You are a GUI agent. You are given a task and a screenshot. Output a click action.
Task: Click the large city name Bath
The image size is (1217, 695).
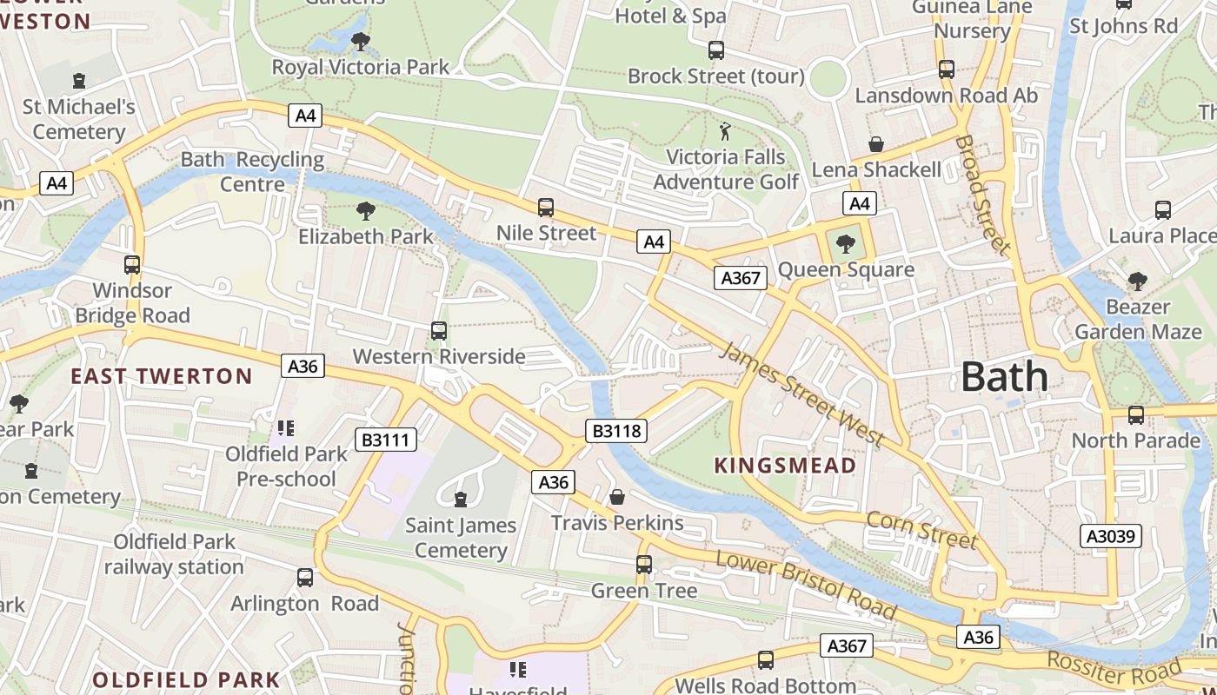(1004, 377)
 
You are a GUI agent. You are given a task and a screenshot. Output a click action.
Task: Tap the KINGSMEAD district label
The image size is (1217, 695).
(785, 466)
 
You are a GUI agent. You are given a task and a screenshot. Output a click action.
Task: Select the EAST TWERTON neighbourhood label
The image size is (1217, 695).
(161, 376)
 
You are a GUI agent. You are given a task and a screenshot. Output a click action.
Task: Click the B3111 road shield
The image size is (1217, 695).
(385, 440)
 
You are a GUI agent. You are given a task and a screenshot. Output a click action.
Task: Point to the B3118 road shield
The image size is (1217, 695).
(616, 430)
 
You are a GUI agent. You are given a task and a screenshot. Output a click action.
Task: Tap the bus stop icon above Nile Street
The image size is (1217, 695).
(546, 208)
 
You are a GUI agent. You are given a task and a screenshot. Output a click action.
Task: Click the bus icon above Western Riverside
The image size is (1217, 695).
(439, 331)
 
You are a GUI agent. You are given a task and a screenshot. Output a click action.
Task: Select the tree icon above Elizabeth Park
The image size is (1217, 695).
(366, 210)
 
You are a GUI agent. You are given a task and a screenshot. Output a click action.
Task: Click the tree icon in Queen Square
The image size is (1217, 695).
(845, 244)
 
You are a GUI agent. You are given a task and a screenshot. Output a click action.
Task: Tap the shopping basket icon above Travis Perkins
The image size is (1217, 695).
(617, 497)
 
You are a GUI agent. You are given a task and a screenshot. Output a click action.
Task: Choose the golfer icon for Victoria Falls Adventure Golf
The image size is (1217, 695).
(725, 132)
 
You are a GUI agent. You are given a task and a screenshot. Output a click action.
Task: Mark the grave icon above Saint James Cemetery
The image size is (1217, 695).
(461, 500)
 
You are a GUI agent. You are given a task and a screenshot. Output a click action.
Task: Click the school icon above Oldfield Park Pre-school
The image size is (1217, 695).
(286, 428)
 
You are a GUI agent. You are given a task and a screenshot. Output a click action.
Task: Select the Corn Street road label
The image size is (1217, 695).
(921, 530)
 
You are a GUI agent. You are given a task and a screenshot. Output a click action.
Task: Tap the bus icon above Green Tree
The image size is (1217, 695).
(644, 565)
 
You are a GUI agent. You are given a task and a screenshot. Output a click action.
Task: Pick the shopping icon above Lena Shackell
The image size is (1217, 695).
(876, 144)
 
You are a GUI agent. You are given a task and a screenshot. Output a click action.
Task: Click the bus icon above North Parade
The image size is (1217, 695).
(1136, 415)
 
